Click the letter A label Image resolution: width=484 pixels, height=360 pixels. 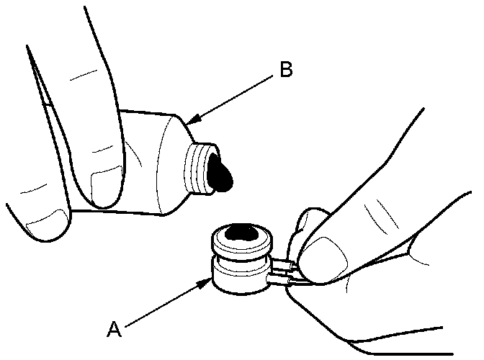[x=114, y=329]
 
